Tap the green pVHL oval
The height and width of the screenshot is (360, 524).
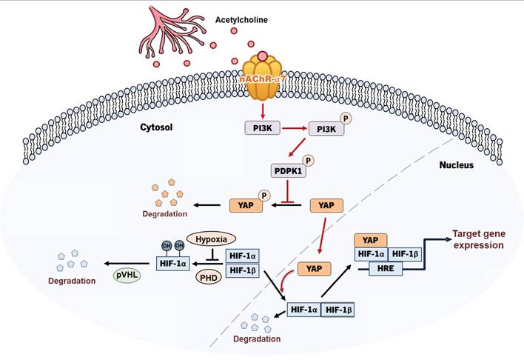[x=129, y=276]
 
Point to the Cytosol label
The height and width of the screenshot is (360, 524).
[x=156, y=127]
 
